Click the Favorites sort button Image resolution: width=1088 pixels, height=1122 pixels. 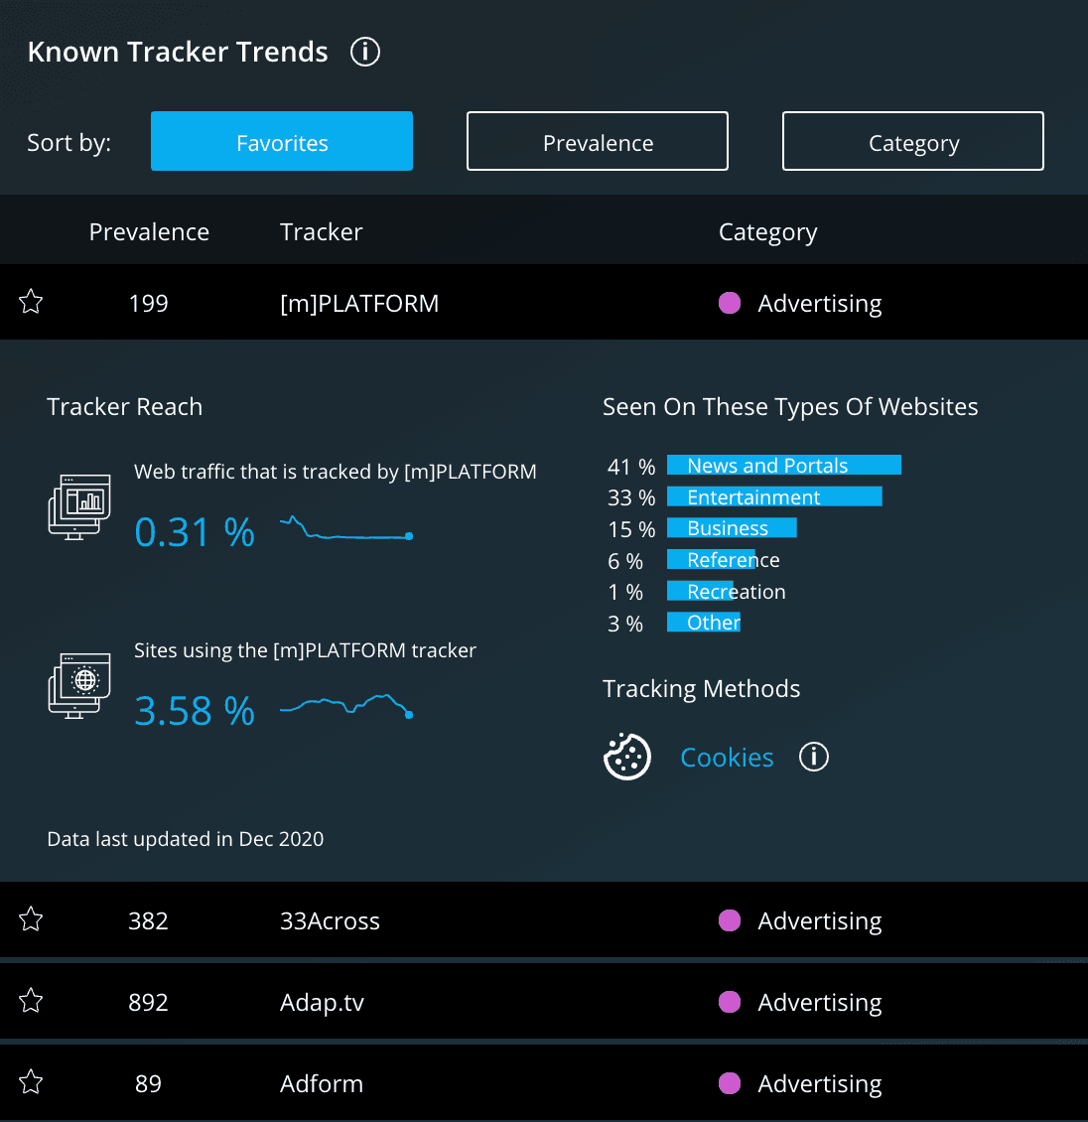pos(282,141)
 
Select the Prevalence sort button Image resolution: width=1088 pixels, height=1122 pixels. pos(598,141)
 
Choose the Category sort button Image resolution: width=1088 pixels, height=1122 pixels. pos(913,141)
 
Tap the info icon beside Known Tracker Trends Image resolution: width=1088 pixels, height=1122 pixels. pos(365,52)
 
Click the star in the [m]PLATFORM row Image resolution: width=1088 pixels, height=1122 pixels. pos(31,302)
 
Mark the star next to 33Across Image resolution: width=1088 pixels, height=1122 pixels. pos(31,919)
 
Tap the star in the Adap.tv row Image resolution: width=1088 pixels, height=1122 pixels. pos(31,1001)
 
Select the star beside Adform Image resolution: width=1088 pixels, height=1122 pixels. pos(31,1082)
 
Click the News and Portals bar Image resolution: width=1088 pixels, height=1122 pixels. pos(783,466)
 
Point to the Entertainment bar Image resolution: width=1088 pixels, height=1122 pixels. pos(774,496)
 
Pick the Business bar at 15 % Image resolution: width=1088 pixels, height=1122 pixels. pos(732,528)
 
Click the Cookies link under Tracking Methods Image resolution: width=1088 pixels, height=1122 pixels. pos(727,758)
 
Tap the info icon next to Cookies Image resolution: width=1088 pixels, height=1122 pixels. pos(814,758)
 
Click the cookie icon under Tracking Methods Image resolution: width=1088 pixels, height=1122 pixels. pos(627,758)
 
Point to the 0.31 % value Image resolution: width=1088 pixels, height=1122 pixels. pos(195,533)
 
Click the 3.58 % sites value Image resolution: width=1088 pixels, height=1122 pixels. pos(195,712)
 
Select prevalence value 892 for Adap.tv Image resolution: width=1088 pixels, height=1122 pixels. pos(148,1002)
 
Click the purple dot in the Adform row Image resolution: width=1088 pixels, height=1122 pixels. pos(730,1083)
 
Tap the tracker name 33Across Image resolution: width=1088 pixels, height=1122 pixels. pos(330,920)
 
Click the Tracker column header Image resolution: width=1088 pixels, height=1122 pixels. pos(321,231)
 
